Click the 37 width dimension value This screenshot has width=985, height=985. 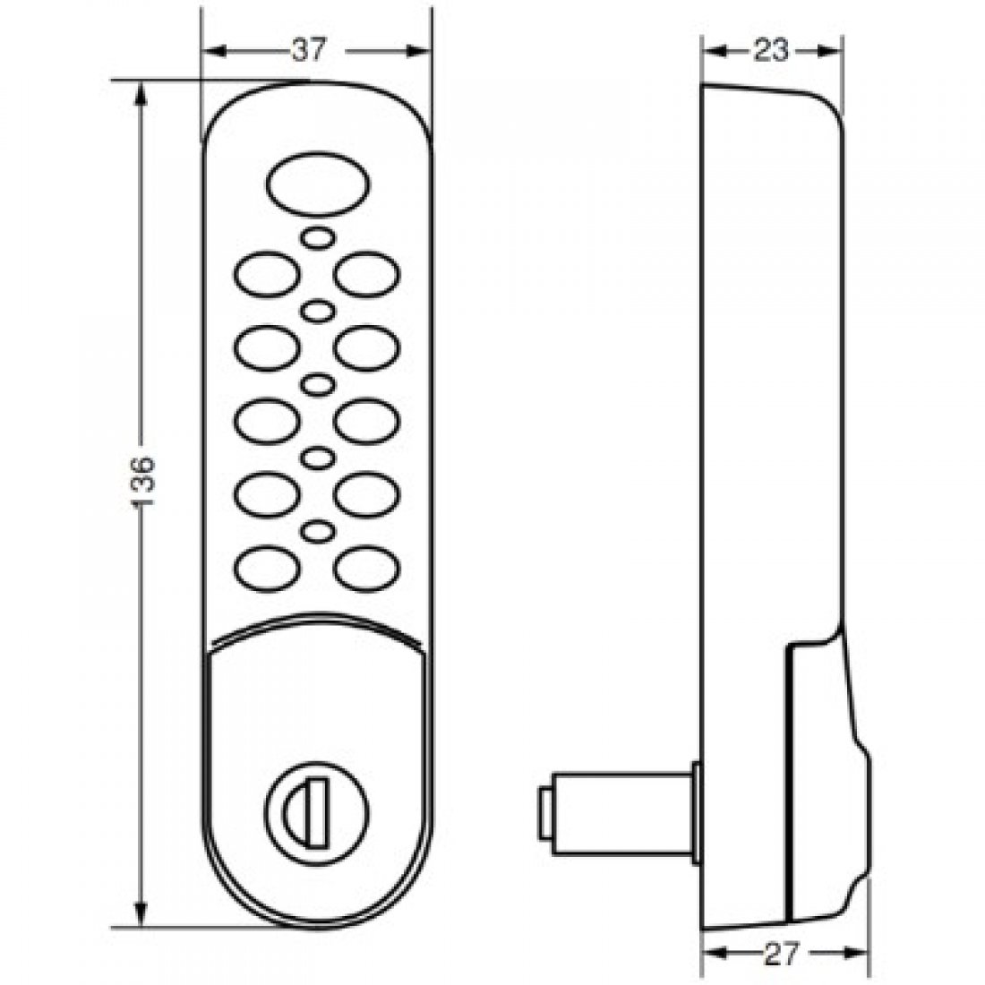[308, 52]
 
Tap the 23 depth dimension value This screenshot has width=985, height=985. [770, 52]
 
